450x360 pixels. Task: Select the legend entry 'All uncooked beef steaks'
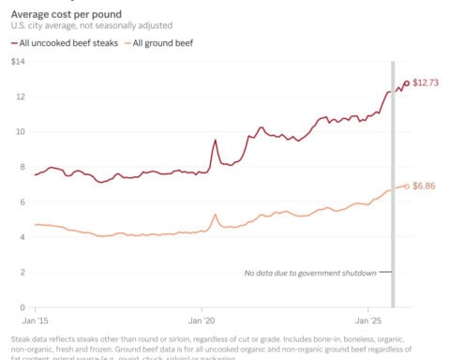tap(57, 43)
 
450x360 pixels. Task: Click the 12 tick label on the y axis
tap(18, 97)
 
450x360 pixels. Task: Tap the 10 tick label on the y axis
tap(18, 131)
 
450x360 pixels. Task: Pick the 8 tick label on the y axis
tap(20, 167)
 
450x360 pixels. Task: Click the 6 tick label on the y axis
tap(20, 202)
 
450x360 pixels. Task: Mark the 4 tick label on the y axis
tap(20, 237)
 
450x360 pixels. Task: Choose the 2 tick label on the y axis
tap(20, 272)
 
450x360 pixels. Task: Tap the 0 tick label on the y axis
tap(20, 307)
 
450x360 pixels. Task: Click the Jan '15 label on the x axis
tap(35, 319)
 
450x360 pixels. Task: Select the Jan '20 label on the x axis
tap(202, 319)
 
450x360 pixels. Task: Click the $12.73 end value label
tap(427, 83)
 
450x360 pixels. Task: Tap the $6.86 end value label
tap(425, 187)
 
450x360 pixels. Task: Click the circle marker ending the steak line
tap(407, 83)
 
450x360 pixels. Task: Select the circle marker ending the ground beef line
tap(407, 186)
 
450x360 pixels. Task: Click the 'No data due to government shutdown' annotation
tap(310, 273)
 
